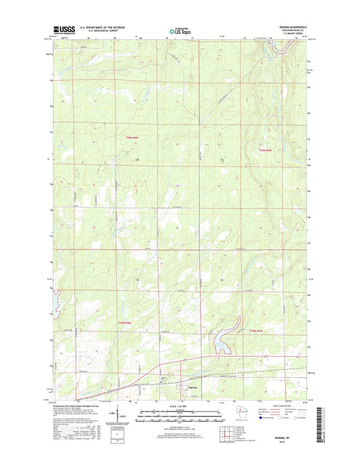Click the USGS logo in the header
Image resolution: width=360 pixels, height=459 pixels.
point(63,29)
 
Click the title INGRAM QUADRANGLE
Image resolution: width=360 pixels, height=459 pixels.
point(292,27)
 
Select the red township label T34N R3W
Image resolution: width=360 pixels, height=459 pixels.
point(270,149)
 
